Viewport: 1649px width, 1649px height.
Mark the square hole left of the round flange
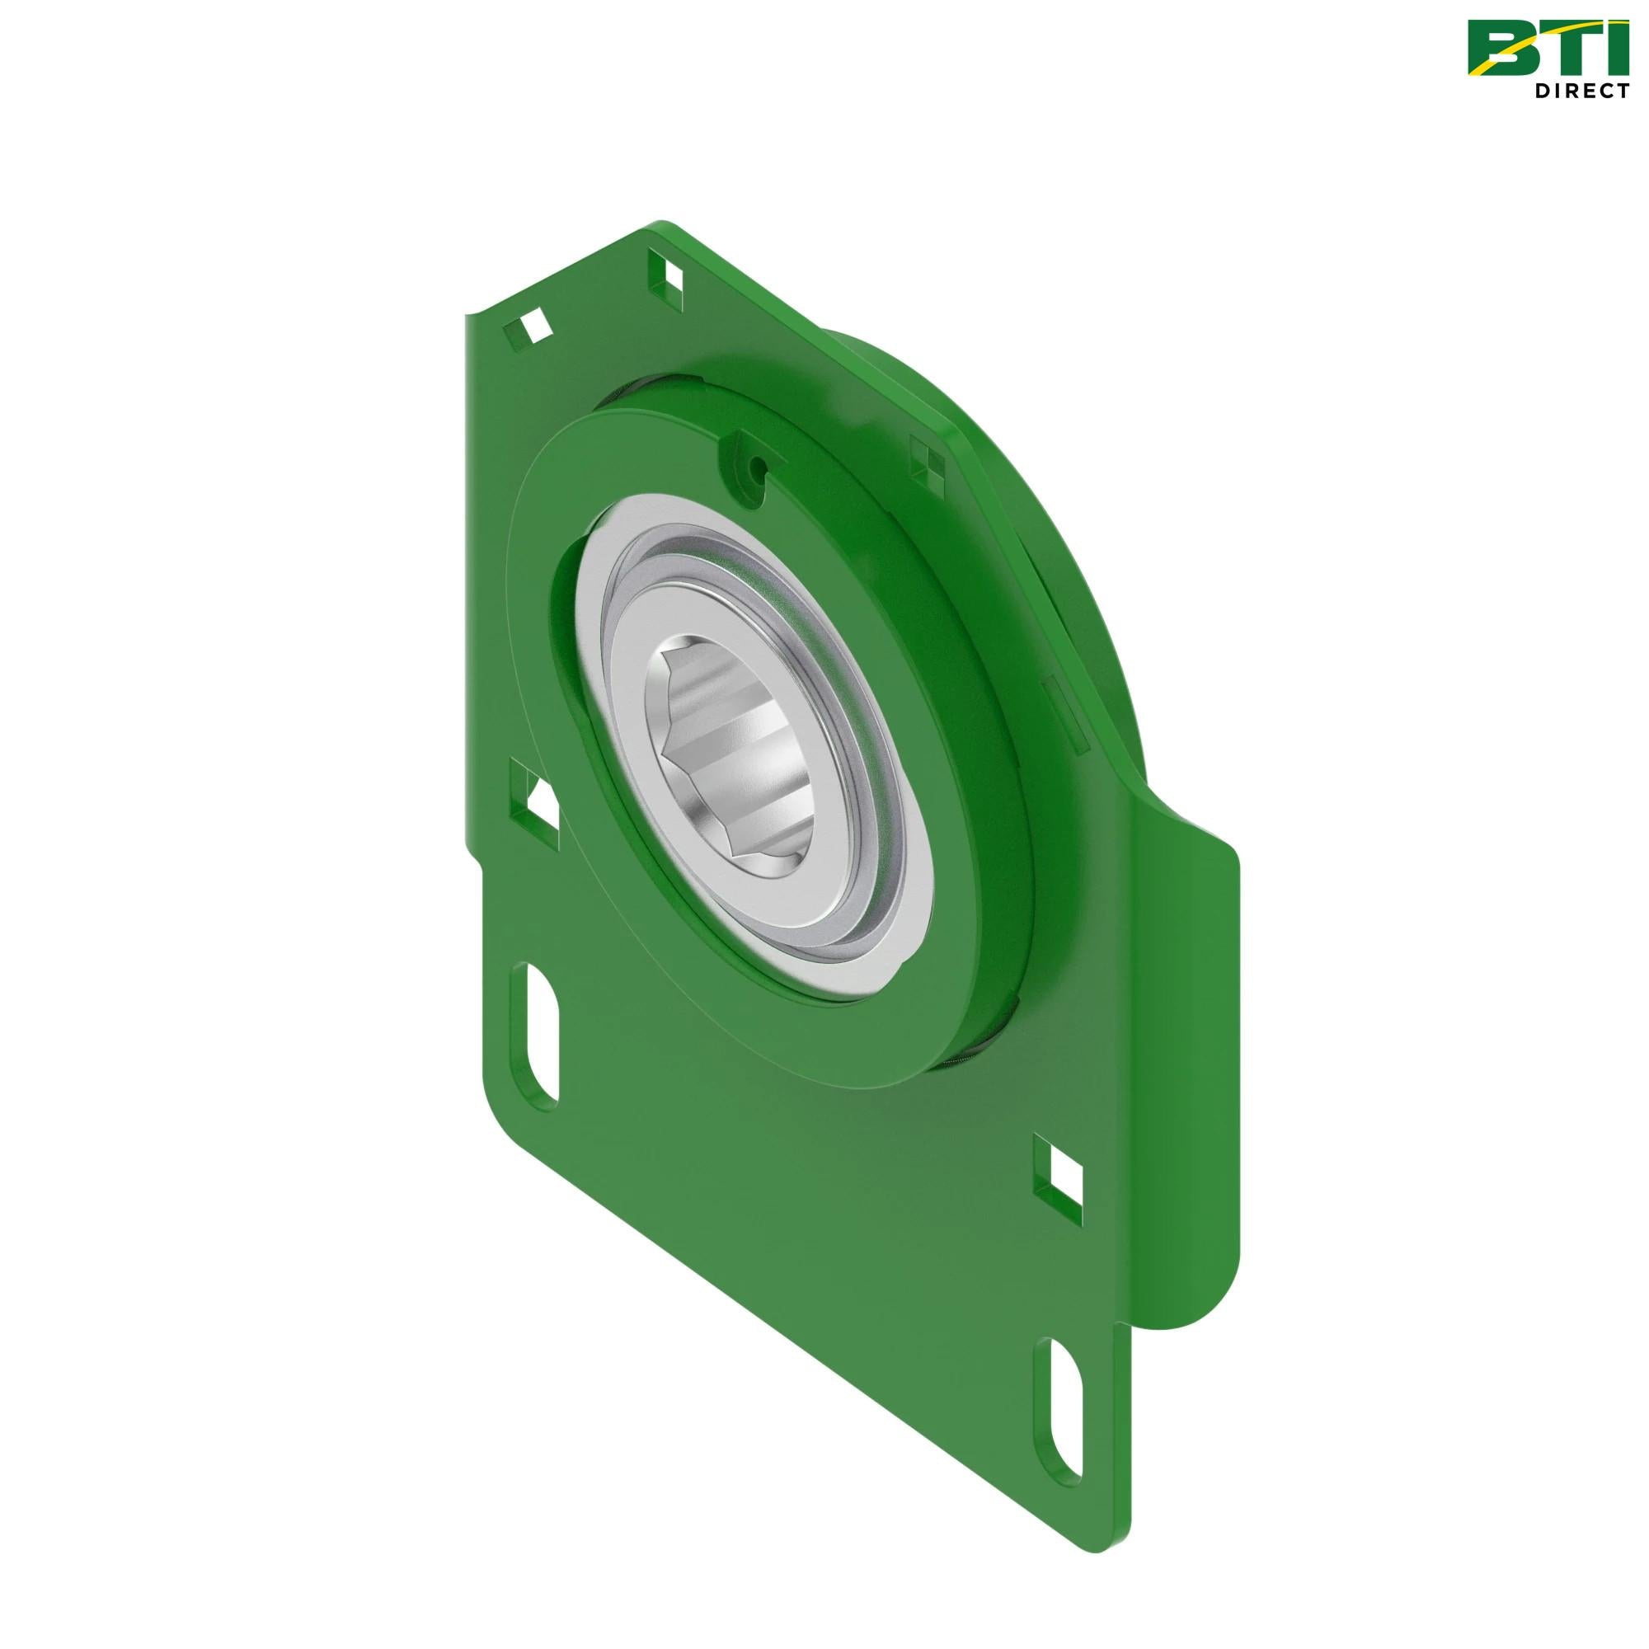tap(537, 799)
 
